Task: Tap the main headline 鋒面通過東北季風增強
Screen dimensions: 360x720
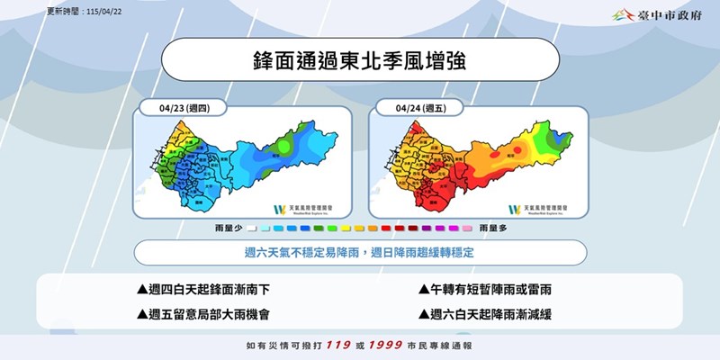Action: (x=359, y=62)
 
